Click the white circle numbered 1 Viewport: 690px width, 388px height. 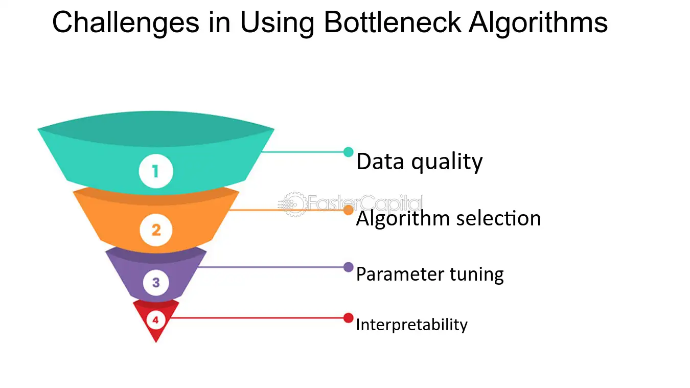coord(156,171)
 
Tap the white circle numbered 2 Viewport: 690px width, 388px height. coord(156,230)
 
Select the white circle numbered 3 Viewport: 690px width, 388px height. coord(156,282)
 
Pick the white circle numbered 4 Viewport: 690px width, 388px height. coord(155,320)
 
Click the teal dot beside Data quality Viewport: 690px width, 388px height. coord(349,152)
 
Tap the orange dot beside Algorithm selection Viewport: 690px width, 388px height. coord(349,210)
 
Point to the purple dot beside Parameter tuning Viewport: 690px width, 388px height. coord(349,267)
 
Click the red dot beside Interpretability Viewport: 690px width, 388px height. coord(349,318)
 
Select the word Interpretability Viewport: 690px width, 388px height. coord(412,325)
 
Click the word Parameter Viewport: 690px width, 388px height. coord(400,274)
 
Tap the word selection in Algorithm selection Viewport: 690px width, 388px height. coord(498,218)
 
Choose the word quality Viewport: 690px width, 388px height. coord(447,162)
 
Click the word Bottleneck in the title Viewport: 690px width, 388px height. coord(393,22)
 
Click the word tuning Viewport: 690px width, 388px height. coord(477,275)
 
